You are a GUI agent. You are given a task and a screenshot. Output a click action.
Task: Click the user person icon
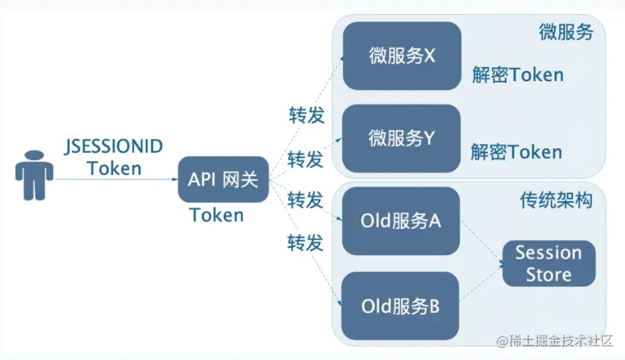click(34, 178)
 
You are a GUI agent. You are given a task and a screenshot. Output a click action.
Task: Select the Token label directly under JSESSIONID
click(115, 168)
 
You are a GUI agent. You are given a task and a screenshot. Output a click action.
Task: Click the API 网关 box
click(224, 180)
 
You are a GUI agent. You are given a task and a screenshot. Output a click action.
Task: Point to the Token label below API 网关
click(217, 215)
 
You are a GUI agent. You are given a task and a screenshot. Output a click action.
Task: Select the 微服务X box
click(402, 55)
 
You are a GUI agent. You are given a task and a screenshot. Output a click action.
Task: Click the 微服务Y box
click(402, 139)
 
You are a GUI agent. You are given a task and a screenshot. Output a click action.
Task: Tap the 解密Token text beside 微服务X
click(517, 75)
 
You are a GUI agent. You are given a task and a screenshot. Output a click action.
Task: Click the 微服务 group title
click(566, 33)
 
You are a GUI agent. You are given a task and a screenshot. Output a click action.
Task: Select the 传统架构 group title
click(556, 200)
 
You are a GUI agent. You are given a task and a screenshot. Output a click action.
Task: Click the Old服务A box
click(401, 221)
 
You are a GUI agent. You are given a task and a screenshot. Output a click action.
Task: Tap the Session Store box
click(548, 263)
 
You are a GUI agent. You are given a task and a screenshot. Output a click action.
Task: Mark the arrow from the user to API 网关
click(117, 180)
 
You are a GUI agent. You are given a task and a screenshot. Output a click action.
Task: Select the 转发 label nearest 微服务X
click(305, 116)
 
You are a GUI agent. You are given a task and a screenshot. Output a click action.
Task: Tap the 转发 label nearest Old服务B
click(305, 242)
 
